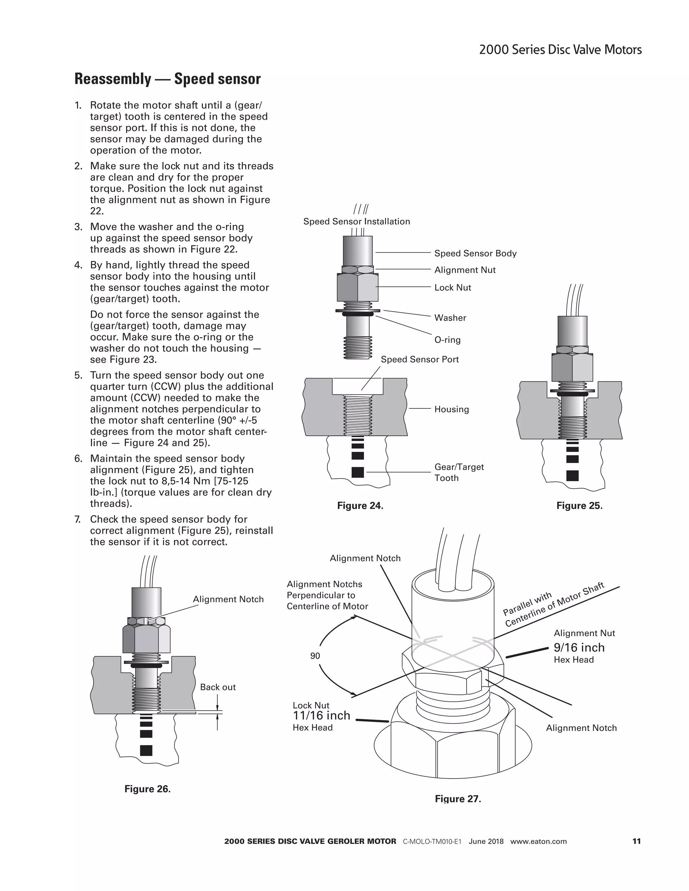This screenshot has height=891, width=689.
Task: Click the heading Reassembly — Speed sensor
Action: pyautogui.click(x=167, y=79)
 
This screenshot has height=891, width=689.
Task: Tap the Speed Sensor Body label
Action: pyautogui.click(x=475, y=254)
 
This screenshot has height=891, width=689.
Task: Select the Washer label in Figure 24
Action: pyautogui.click(x=450, y=318)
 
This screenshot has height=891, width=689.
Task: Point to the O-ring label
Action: pyautogui.click(x=447, y=340)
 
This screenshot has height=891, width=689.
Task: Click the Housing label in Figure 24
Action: pyautogui.click(x=451, y=409)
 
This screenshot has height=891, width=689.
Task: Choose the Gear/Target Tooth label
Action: pyautogui.click(x=459, y=472)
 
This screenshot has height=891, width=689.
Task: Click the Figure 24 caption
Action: pyautogui.click(x=360, y=506)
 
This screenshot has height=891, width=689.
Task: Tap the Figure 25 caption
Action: pyautogui.click(x=579, y=506)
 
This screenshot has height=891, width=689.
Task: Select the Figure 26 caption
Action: pyautogui.click(x=147, y=789)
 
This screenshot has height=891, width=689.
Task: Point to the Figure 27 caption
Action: pyautogui.click(x=458, y=799)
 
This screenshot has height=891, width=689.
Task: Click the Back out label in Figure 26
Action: pyautogui.click(x=218, y=687)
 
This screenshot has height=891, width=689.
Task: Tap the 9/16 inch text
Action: pyautogui.click(x=579, y=648)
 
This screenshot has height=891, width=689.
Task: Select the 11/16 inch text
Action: pyautogui.click(x=321, y=715)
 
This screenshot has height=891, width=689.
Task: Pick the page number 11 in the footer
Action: pyautogui.click(x=636, y=841)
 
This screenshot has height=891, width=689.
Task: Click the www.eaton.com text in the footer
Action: pyautogui.click(x=538, y=842)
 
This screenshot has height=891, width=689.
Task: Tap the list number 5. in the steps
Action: pyautogui.click(x=78, y=375)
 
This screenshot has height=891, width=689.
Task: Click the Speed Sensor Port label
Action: pyautogui.click(x=420, y=359)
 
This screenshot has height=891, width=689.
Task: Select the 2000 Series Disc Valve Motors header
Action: pyautogui.click(x=560, y=50)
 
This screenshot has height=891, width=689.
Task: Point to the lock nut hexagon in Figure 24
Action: pyautogui.click(x=358, y=287)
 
